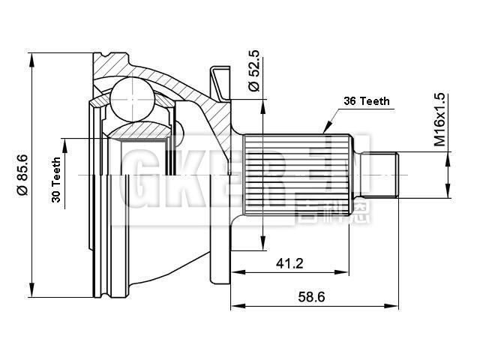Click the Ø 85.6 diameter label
pyautogui.click(x=22, y=175)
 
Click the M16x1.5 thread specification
pyautogui.click(x=440, y=121)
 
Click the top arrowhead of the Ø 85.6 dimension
pyautogui.click(x=32, y=59)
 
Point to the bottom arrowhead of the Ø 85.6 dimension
pyautogui.click(x=32, y=292)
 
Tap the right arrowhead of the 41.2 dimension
pyautogui.click(x=346, y=271)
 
